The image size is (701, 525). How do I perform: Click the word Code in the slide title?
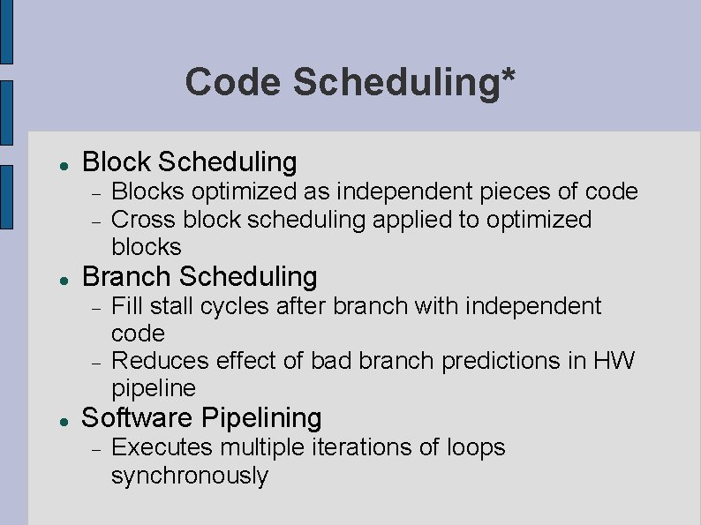tap(232, 83)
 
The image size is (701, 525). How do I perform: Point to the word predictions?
tap(504, 361)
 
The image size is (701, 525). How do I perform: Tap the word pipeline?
tap(154, 389)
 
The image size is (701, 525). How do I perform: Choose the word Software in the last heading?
tap(139, 417)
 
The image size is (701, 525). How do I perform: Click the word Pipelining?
tap(262, 417)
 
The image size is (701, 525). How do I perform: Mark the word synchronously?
tap(189, 476)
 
